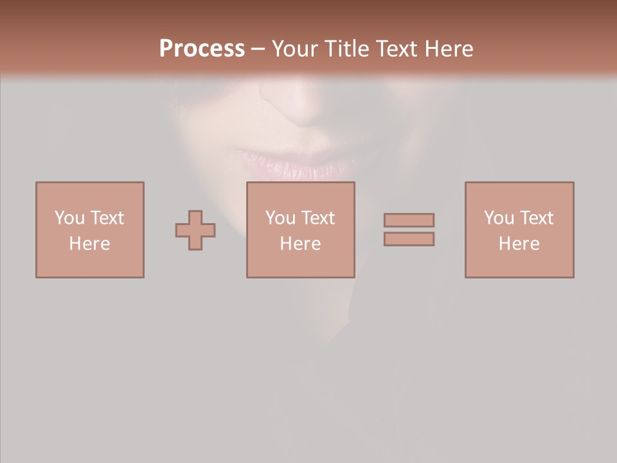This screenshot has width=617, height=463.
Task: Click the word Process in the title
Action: click(x=202, y=48)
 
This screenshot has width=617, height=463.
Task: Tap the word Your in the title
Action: click(x=294, y=48)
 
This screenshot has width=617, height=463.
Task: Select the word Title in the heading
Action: click(x=347, y=48)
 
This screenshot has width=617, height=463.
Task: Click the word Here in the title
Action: click(x=449, y=48)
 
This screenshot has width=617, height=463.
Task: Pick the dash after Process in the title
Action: click(x=258, y=50)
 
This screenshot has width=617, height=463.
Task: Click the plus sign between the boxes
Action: click(x=195, y=230)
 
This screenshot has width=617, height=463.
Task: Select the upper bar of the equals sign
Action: click(x=409, y=220)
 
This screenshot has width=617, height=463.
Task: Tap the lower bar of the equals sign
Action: click(x=409, y=239)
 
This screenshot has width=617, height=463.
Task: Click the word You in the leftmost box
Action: click(x=69, y=218)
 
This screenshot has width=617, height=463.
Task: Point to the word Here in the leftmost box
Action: click(x=89, y=244)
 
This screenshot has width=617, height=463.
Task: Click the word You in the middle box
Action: click(x=280, y=218)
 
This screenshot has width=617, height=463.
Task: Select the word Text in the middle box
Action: click(x=317, y=218)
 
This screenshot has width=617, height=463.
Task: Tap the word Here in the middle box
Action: click(x=300, y=244)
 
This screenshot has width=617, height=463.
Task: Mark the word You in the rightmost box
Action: click(x=499, y=218)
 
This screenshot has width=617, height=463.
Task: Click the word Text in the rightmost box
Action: click(x=536, y=218)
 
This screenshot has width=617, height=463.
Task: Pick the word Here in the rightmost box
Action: click(x=519, y=244)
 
